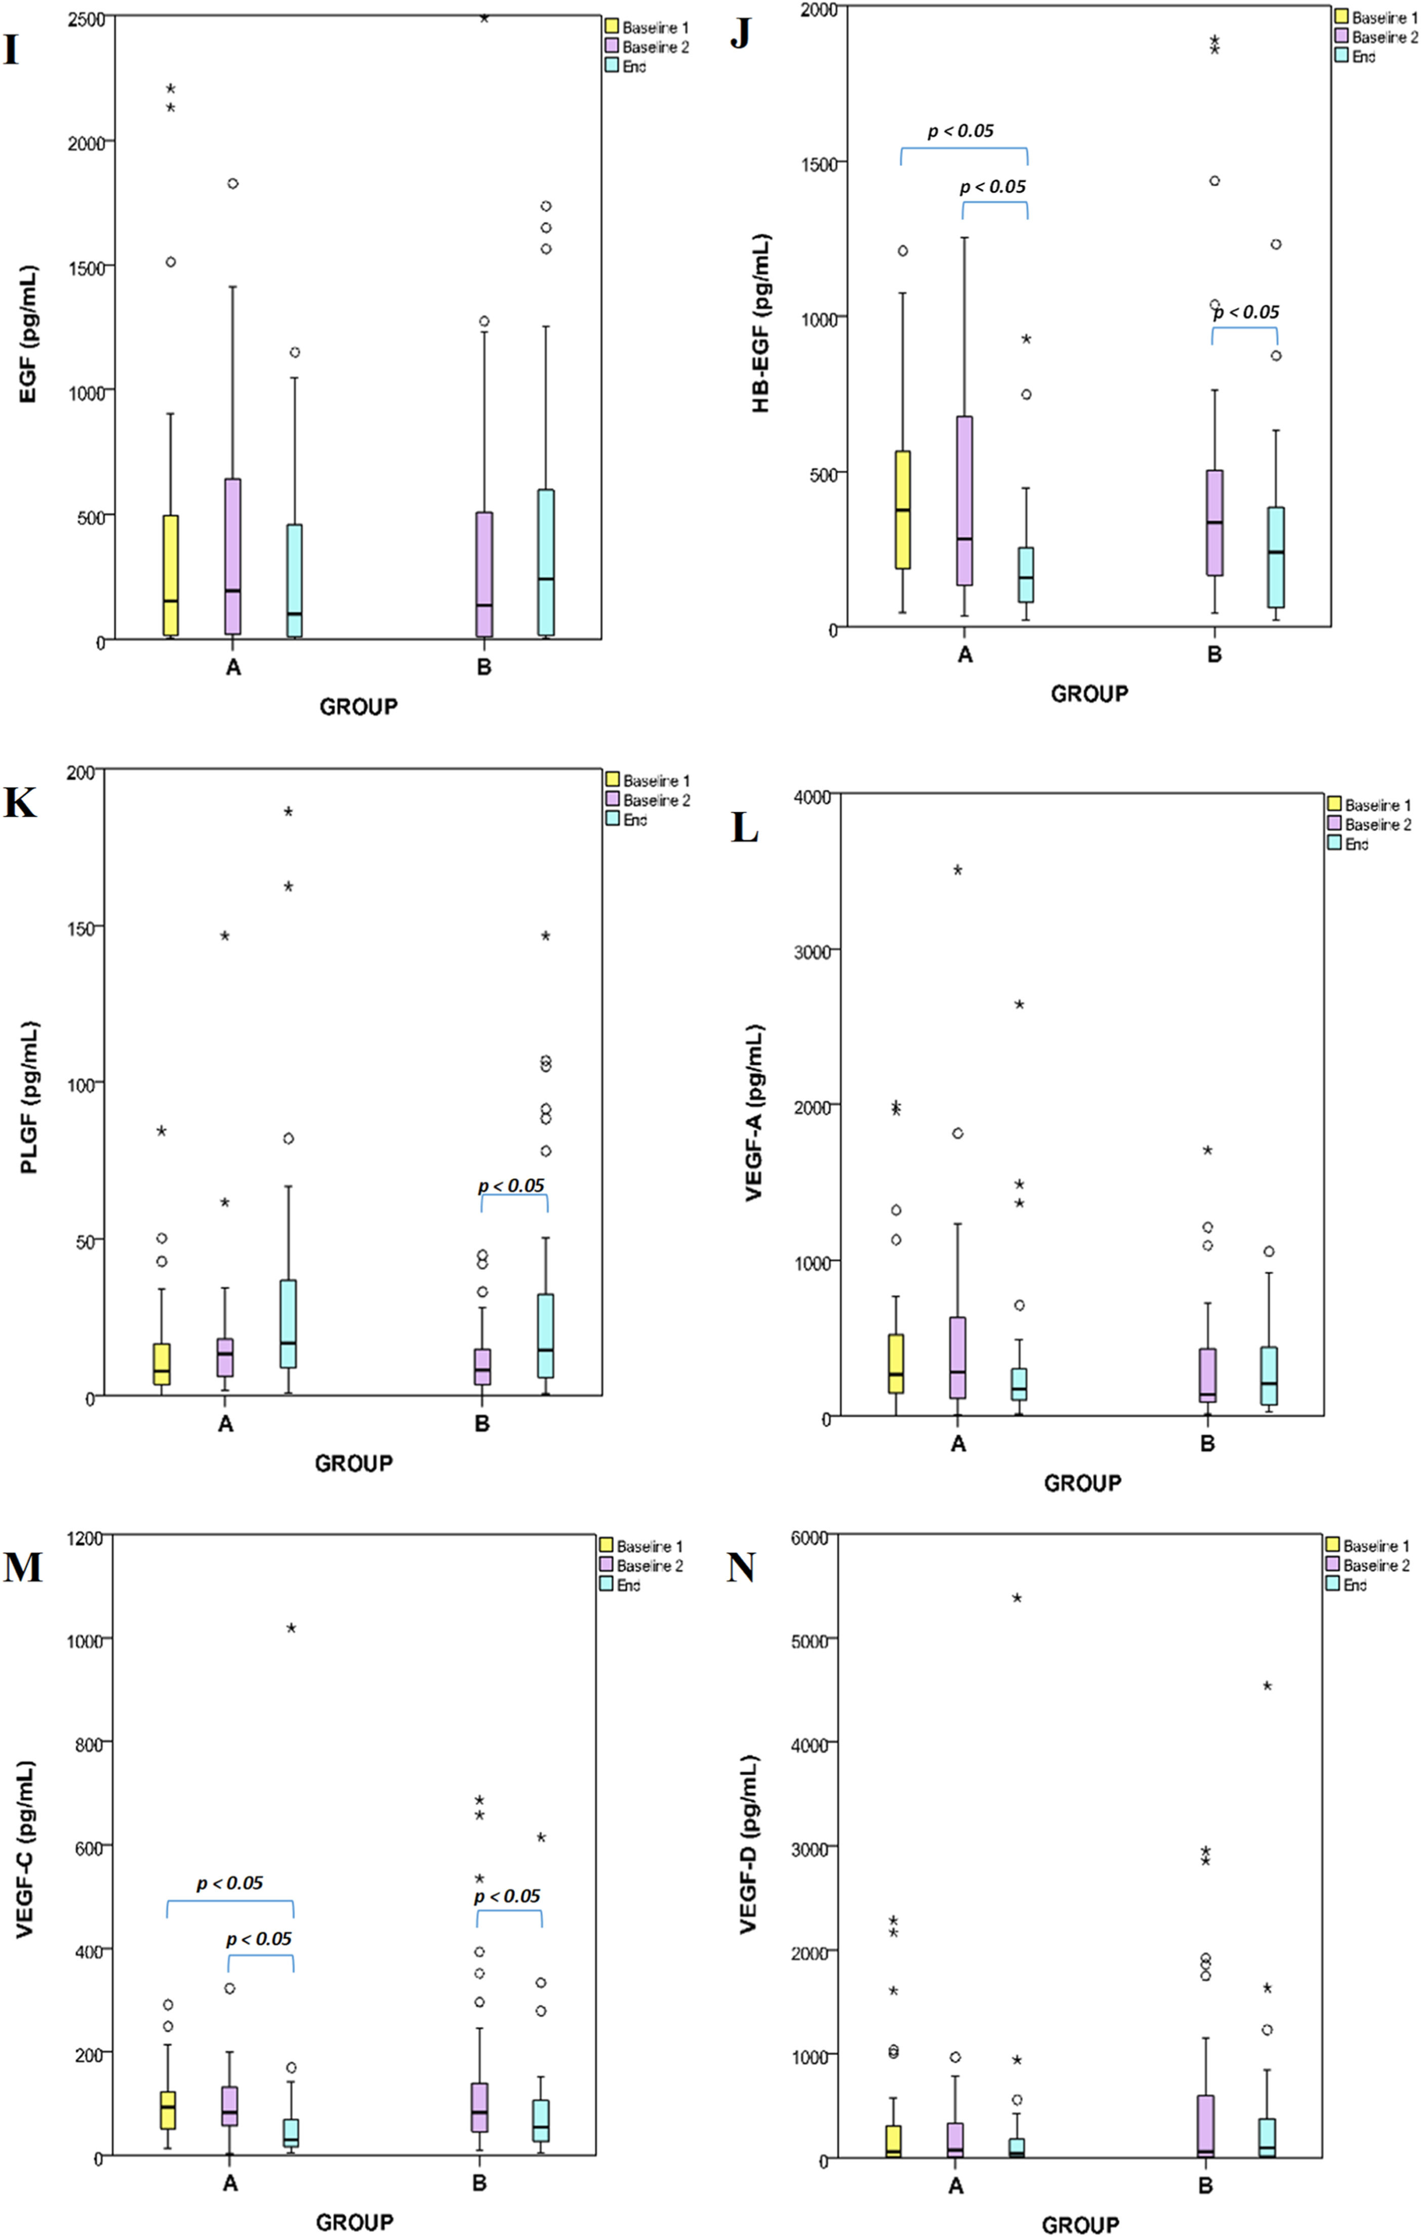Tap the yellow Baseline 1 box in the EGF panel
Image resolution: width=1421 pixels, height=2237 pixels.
tap(171, 576)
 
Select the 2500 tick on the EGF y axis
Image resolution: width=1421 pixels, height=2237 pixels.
tap(86, 19)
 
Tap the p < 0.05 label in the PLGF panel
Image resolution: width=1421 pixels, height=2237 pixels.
tap(511, 1186)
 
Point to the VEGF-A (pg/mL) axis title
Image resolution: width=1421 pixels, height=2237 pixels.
tap(754, 1113)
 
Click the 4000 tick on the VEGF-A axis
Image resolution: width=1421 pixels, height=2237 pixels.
tap(811, 797)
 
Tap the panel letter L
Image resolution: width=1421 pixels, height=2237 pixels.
tap(745, 827)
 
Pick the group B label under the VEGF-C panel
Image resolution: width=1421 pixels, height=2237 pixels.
tap(479, 2183)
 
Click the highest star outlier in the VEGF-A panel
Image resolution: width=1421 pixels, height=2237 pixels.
tap(958, 871)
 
